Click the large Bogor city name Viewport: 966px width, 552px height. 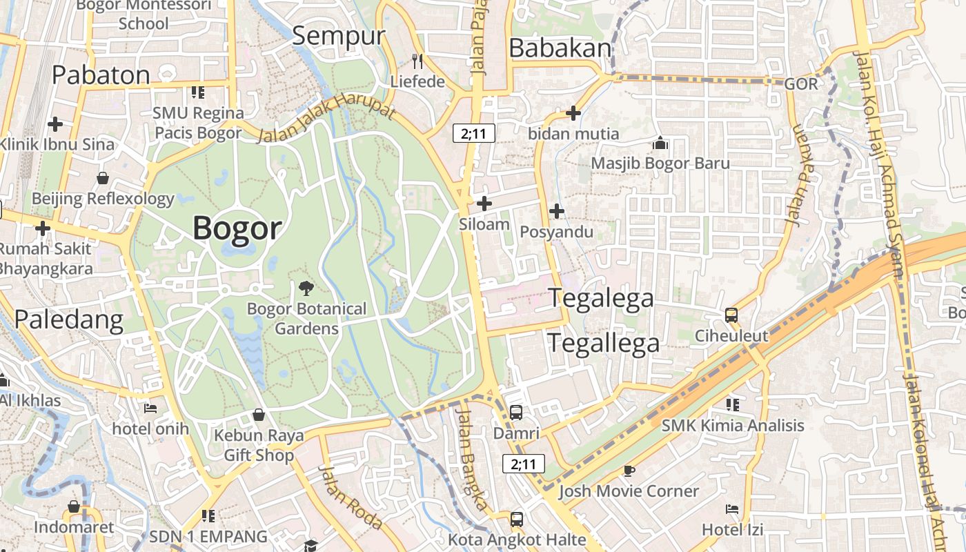point(237,228)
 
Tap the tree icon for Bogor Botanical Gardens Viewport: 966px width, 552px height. point(306,288)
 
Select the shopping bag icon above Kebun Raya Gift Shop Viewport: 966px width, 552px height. point(258,415)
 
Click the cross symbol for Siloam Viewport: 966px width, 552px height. point(484,204)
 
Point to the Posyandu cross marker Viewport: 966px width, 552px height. point(556,211)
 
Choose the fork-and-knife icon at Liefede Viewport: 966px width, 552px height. point(417,61)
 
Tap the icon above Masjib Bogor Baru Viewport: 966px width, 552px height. point(660,144)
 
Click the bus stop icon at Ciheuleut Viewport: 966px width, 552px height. point(731,315)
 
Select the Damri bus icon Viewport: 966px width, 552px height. point(515,413)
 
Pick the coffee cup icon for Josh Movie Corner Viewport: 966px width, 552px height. point(629,471)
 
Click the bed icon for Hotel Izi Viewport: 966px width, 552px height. point(732,509)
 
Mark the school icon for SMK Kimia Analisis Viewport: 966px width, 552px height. point(733,404)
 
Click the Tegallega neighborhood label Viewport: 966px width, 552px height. point(604,343)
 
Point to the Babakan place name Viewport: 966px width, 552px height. point(560,48)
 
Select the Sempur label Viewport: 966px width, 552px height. point(338,36)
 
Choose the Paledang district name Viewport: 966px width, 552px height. point(69,319)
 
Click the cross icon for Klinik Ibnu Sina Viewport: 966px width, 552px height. point(55,124)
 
